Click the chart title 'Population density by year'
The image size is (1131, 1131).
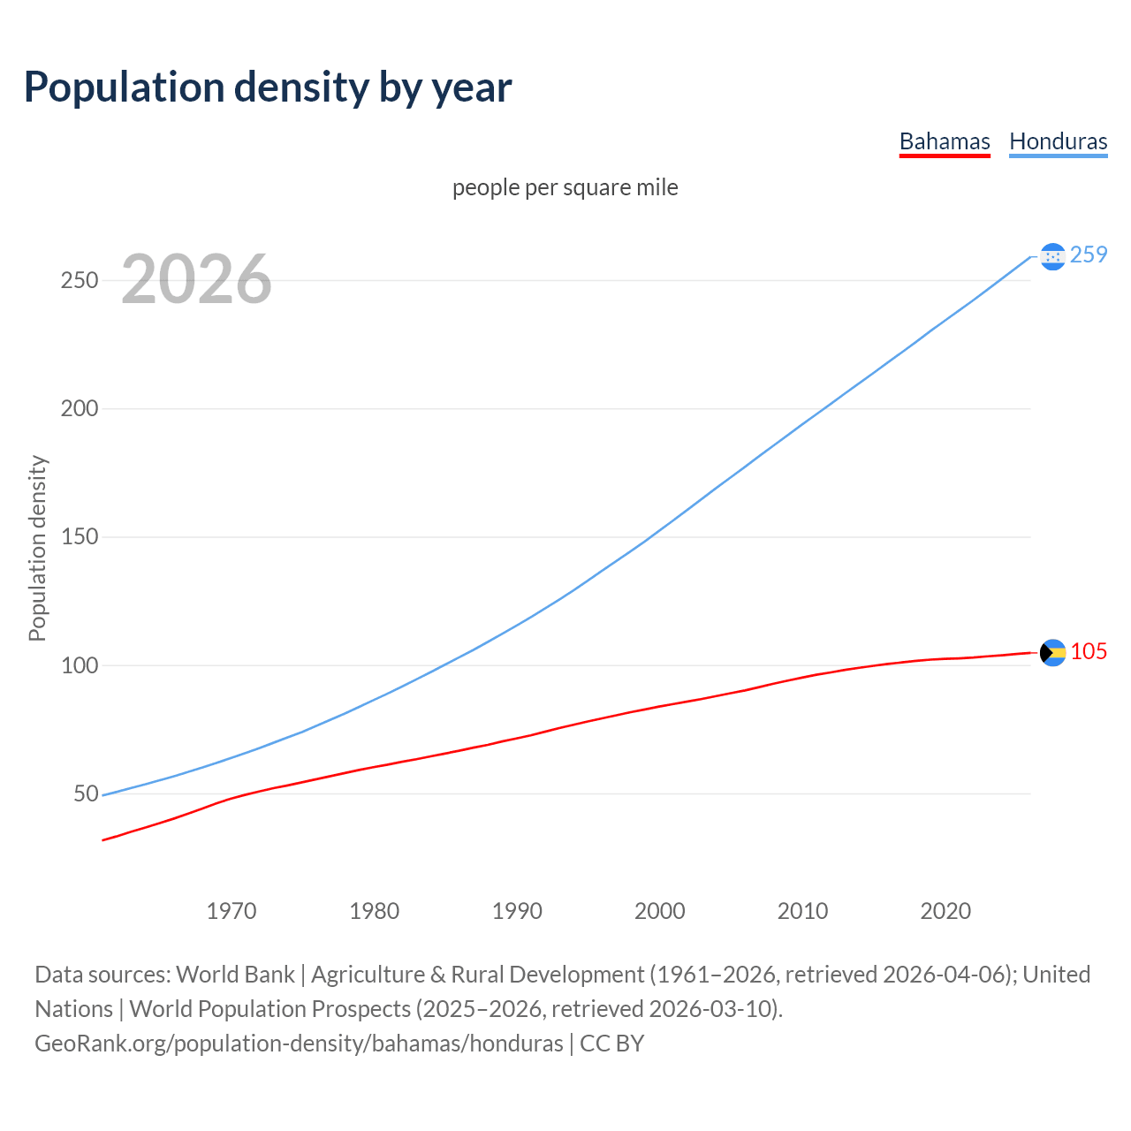click(268, 87)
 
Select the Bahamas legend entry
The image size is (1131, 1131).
click(945, 141)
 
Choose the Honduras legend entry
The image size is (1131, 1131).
click(1058, 141)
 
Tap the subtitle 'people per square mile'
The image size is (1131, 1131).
click(565, 187)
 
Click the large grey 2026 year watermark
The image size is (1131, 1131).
click(196, 279)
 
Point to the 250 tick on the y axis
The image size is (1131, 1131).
click(79, 280)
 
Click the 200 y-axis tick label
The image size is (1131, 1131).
click(79, 408)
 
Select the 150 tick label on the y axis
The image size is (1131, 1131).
click(79, 537)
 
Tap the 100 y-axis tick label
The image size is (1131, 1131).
click(79, 665)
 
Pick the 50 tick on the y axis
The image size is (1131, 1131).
click(86, 793)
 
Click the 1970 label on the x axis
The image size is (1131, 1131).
click(232, 910)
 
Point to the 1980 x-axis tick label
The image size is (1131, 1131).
click(375, 910)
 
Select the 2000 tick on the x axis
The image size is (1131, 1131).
click(660, 910)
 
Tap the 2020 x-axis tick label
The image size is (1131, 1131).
click(945, 910)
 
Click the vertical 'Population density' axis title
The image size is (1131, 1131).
click(37, 548)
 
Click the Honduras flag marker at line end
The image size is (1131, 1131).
click(1052, 256)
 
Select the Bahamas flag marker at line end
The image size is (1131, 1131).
click(1052, 653)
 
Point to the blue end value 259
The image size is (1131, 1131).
click(1089, 254)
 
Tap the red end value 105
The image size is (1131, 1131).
click(1089, 651)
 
